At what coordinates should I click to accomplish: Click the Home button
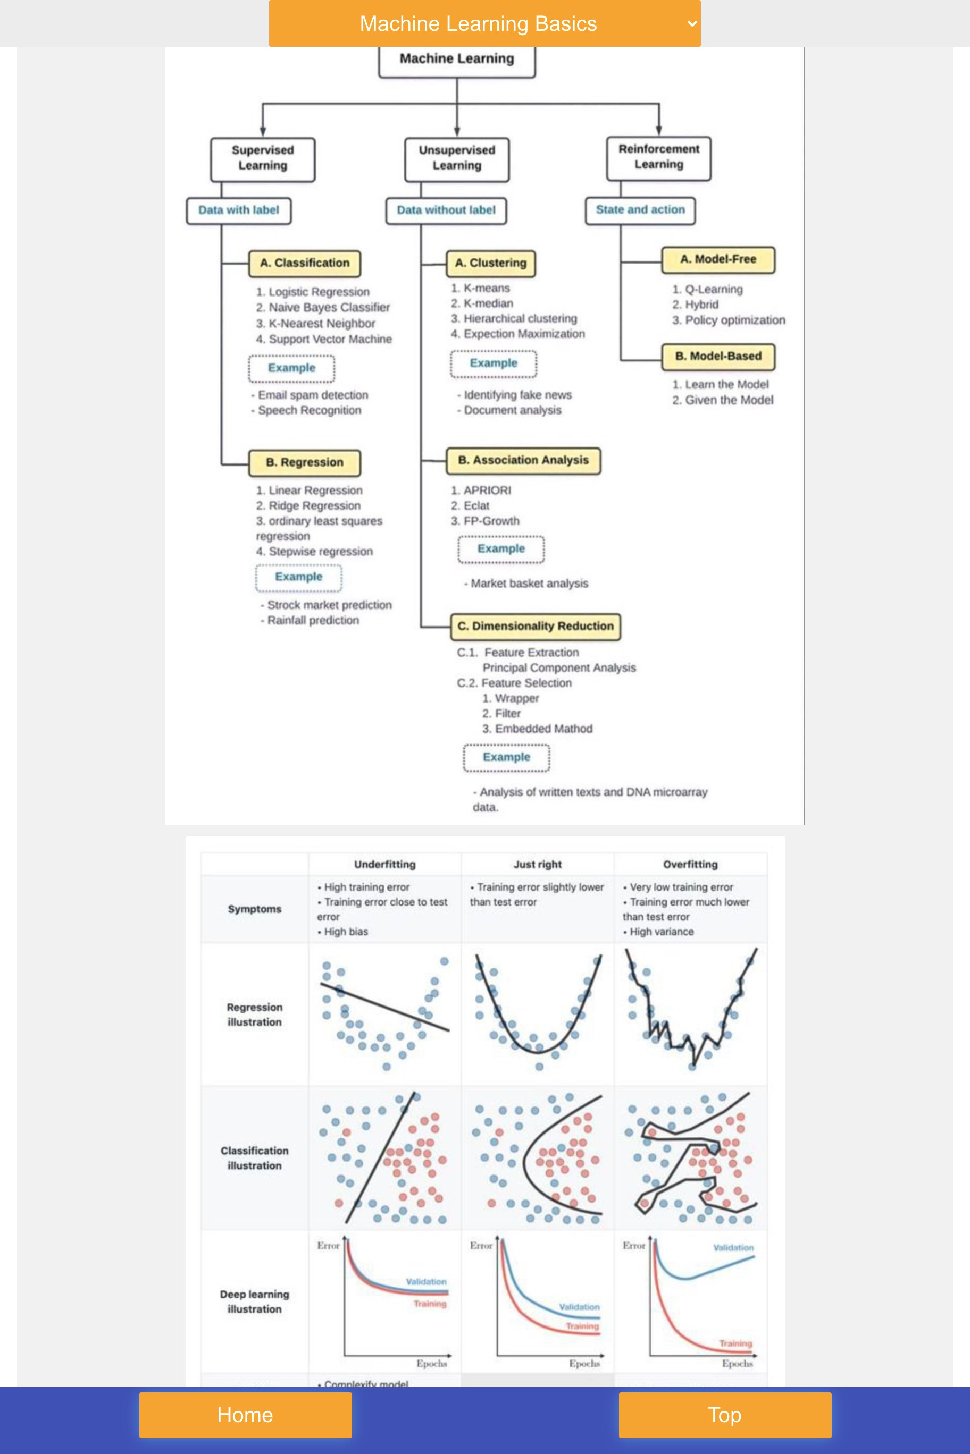point(245,1415)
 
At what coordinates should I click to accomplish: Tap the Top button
point(724,1415)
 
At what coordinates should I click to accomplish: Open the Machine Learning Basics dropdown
point(484,23)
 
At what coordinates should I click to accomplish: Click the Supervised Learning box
point(263,158)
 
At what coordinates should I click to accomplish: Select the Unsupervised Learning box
point(456,158)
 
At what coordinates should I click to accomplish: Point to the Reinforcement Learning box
point(659,157)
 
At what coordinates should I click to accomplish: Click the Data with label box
point(239,210)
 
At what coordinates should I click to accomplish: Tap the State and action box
point(640,209)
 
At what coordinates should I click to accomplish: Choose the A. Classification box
point(304,263)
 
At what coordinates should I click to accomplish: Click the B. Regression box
point(304,462)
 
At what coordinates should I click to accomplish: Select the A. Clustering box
point(490,263)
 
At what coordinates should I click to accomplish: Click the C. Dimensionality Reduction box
point(535,625)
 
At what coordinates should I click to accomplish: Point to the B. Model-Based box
point(718,356)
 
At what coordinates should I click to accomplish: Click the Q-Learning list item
point(713,289)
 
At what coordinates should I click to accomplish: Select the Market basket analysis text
point(529,583)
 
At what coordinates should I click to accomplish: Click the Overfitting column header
point(690,864)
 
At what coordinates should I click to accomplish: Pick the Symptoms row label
point(254,909)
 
